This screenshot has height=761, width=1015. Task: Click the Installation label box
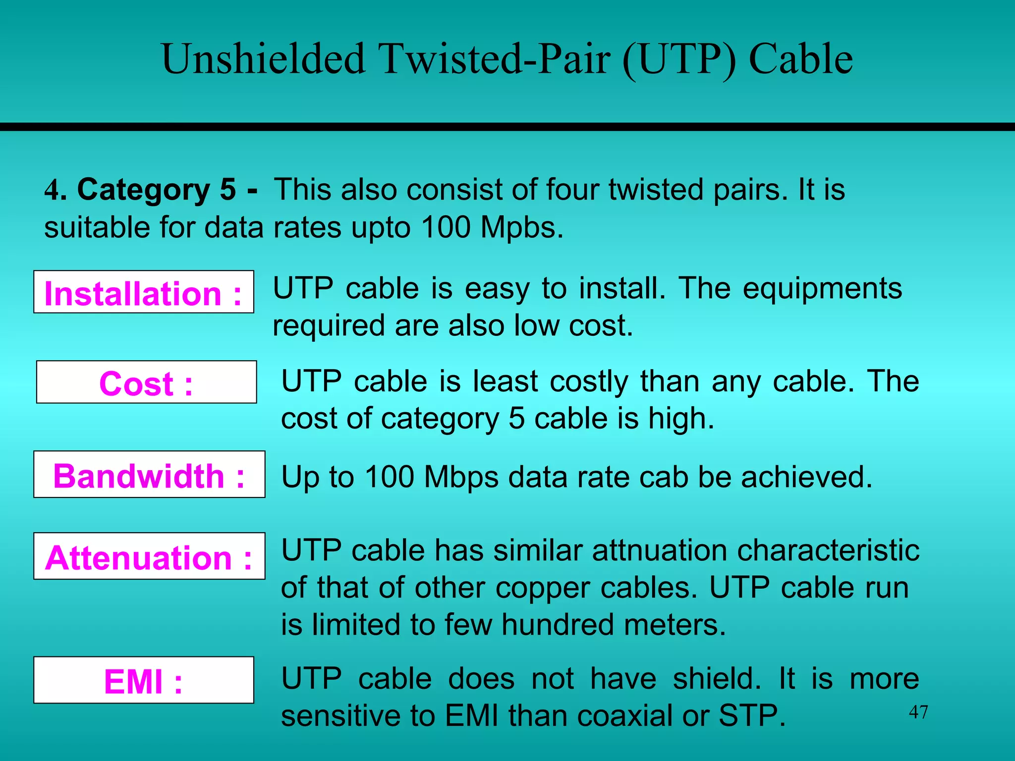pos(143,292)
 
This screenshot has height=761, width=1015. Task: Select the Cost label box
pos(146,382)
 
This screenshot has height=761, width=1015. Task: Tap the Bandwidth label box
pos(149,475)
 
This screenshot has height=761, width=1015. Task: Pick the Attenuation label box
pos(149,556)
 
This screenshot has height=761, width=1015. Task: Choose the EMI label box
pos(144,680)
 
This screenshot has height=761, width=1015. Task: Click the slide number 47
pos(918,712)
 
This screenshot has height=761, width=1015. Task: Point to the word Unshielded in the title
pos(263,59)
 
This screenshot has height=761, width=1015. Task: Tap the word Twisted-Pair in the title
pos(495,59)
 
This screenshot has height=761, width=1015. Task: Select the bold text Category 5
pos(157,190)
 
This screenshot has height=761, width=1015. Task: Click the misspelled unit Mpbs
pos(521,228)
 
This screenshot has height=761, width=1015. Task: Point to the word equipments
pos(822,288)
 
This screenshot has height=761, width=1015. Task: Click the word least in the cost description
pos(505,381)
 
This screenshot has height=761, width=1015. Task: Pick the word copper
pos(543,588)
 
